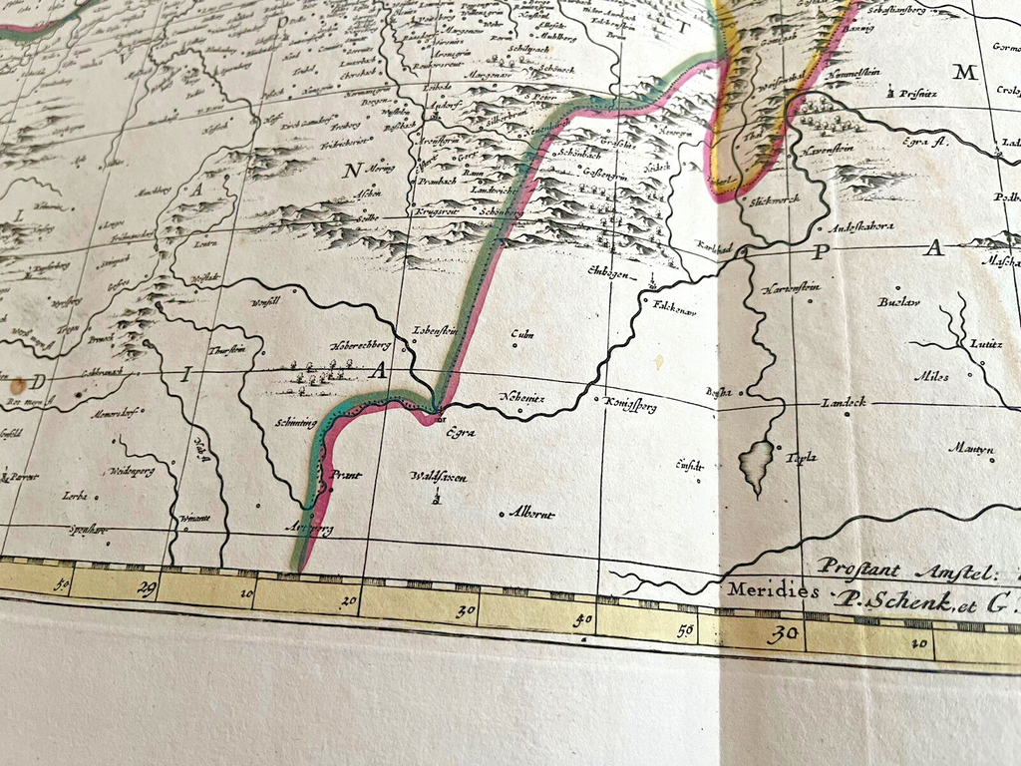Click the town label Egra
point(460,433)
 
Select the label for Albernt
point(531,514)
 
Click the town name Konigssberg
point(630,404)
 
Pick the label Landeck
point(843,402)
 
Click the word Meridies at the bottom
point(773,590)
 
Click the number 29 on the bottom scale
point(146,588)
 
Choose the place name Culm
point(521,335)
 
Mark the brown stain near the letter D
point(18,385)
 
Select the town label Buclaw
point(899,301)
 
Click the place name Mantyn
point(970,449)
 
